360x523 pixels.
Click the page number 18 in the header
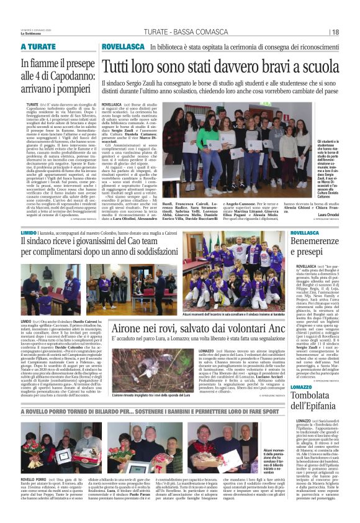pos(335,32)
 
